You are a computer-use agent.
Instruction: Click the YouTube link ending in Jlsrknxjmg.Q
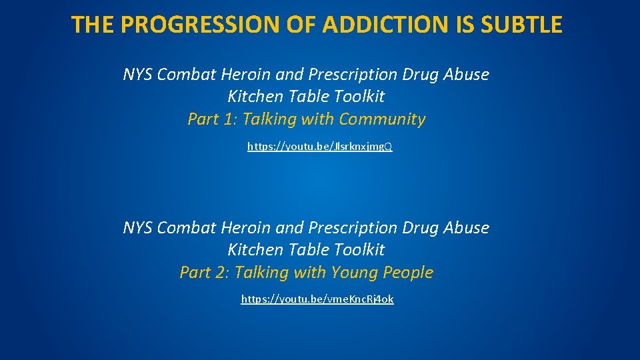(320, 146)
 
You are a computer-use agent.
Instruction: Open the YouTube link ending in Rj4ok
(317, 299)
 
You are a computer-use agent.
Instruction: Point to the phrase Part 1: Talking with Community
(307, 119)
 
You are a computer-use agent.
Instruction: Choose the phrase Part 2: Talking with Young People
(307, 273)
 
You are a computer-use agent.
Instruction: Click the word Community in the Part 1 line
(382, 119)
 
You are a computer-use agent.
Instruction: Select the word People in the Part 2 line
(408, 273)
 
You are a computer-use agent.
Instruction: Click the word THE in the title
(94, 25)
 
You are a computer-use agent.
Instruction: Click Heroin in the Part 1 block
(247, 75)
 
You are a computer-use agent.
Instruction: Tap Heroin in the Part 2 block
(247, 228)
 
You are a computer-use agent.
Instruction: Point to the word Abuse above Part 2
(467, 228)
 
